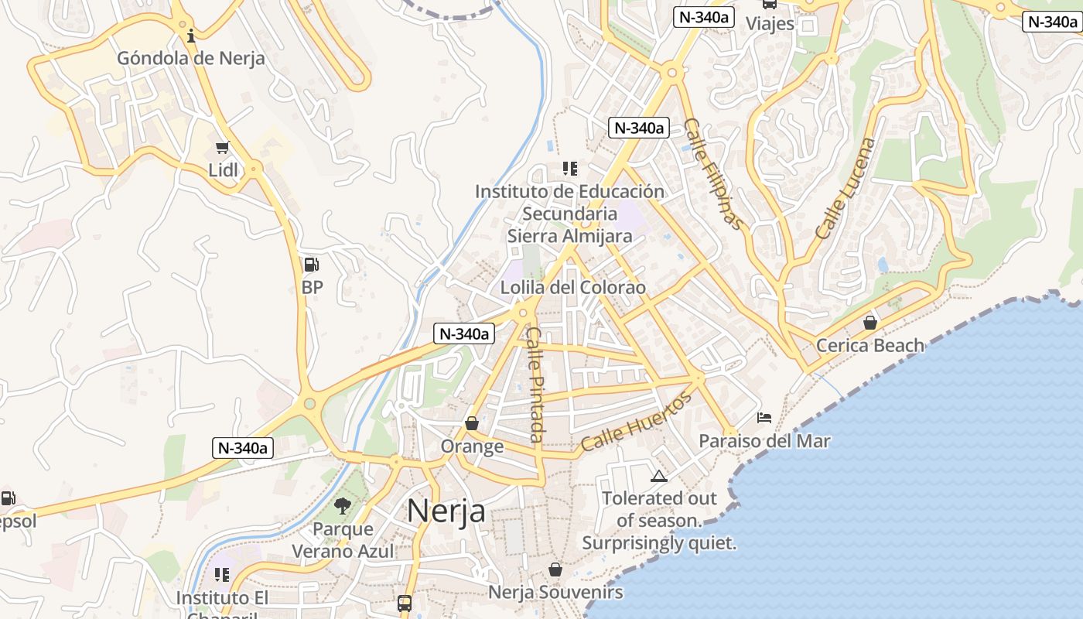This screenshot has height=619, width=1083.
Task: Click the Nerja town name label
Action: [x=446, y=511]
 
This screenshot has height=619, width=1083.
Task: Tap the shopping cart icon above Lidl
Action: [x=223, y=147]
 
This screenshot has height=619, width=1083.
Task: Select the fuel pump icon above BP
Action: [x=311, y=265]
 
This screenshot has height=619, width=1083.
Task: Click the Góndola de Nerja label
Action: [x=190, y=58]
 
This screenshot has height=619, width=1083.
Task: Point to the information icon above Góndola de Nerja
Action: [x=191, y=36]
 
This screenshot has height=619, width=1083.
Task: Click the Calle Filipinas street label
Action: [x=713, y=174]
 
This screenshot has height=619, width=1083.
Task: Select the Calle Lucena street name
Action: [x=846, y=188]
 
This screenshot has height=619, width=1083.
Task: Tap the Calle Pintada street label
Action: [x=536, y=385]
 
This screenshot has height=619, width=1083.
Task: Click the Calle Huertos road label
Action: [x=636, y=422]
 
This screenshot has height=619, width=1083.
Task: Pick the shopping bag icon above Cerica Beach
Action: [x=870, y=323]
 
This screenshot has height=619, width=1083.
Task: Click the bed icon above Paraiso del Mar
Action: [x=764, y=418]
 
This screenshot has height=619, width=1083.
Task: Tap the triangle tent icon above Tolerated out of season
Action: [x=658, y=476]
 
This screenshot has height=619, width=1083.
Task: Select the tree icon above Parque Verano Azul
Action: [x=342, y=507]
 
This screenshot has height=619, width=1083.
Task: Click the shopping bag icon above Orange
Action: [x=471, y=423]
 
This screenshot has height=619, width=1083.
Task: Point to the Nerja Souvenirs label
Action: [x=555, y=593]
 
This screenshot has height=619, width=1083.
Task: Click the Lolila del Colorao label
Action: [x=572, y=287]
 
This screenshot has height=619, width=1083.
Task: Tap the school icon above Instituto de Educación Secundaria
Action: [x=570, y=168]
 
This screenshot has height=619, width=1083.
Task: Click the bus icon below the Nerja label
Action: [x=405, y=603]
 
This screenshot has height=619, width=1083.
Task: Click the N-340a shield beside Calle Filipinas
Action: [x=638, y=128]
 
